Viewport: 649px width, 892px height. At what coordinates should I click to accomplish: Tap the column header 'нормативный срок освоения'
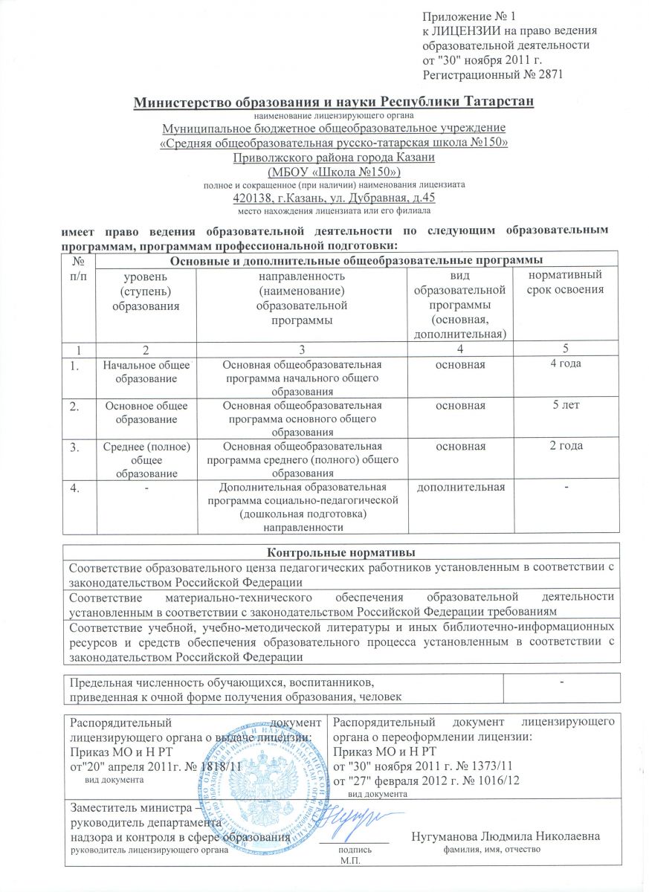pos(565,282)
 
